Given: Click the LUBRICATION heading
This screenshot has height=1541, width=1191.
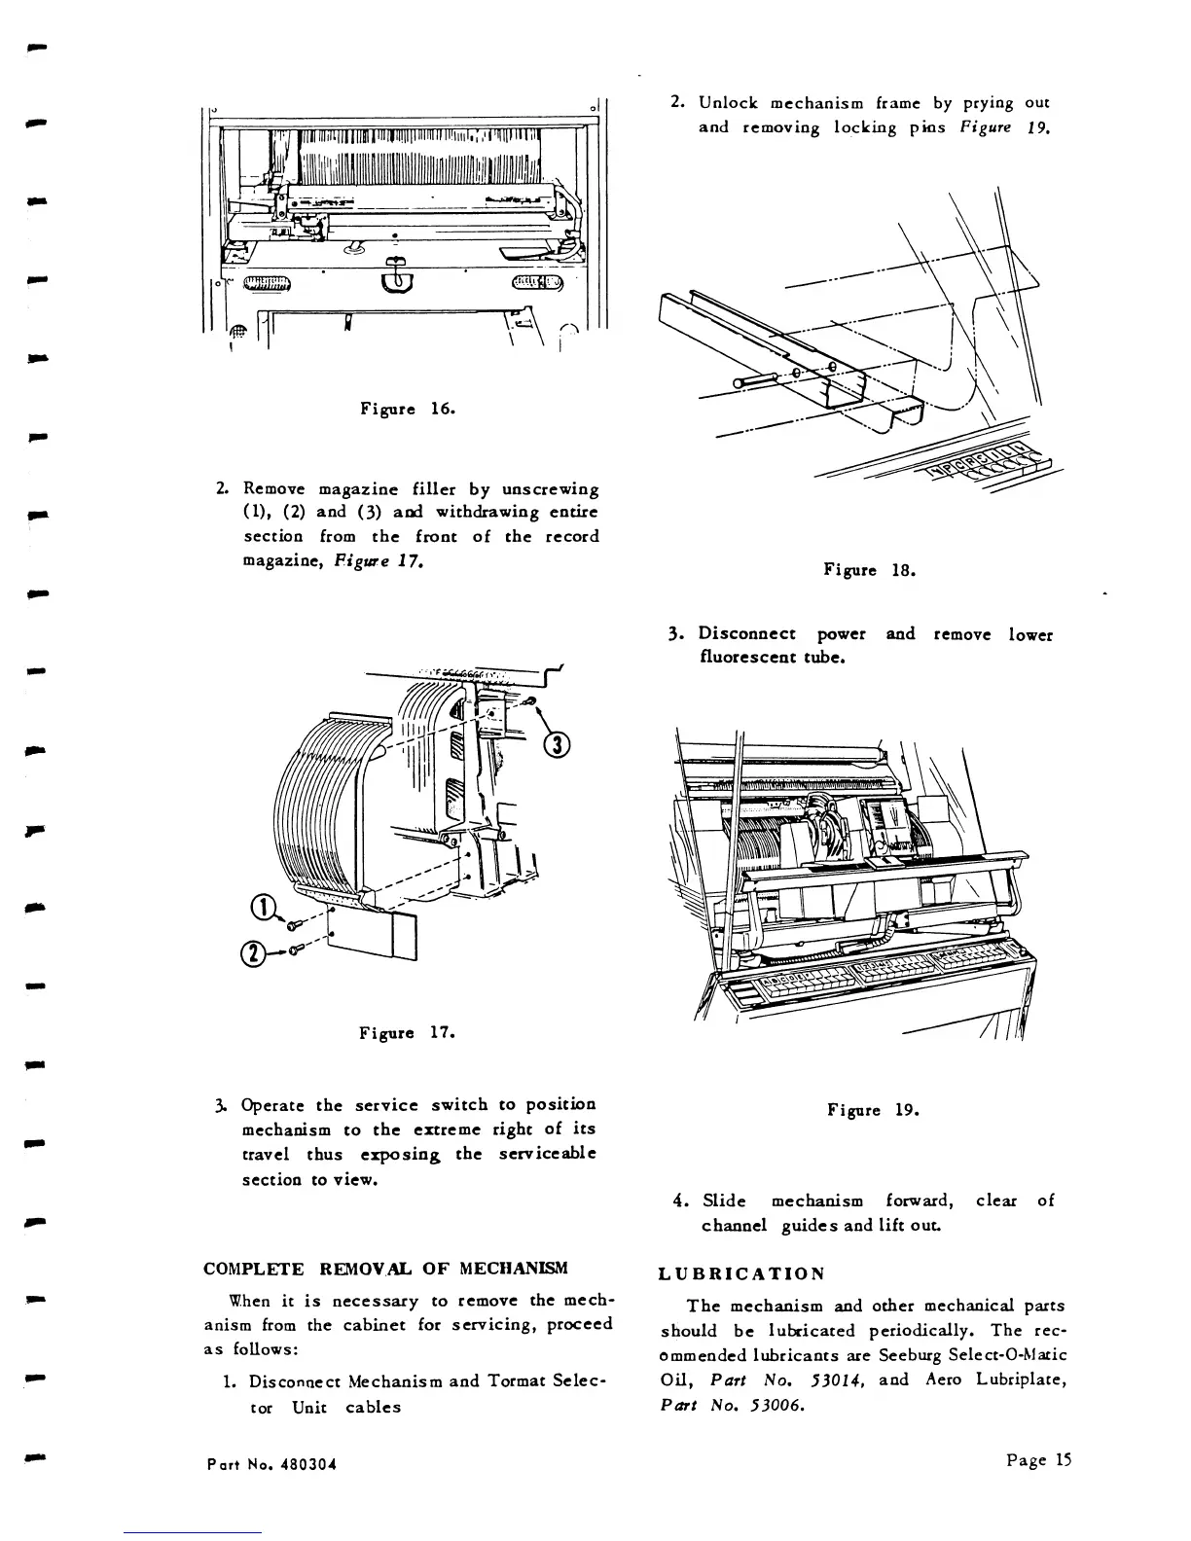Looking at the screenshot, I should [x=741, y=1274].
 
